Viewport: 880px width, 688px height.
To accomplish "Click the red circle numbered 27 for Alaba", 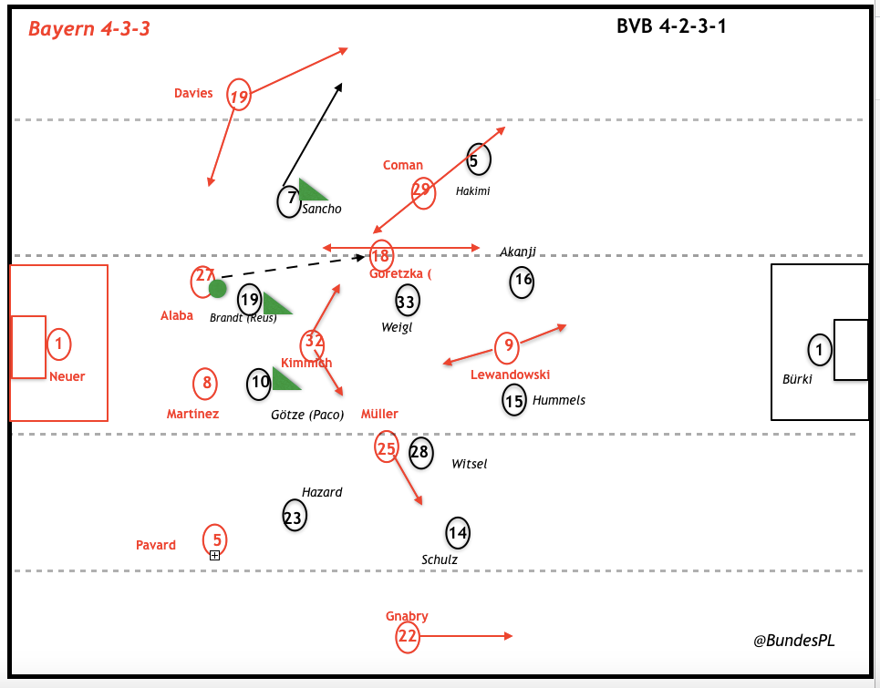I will tap(203, 282).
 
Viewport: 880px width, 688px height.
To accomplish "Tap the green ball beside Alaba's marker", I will tap(218, 289).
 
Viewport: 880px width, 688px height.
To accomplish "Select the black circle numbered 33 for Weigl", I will tap(407, 299).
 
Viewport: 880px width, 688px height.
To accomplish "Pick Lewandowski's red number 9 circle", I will tap(507, 346).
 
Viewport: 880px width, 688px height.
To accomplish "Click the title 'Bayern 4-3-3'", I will tap(89, 29).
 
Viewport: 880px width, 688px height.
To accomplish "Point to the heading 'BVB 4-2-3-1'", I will tap(671, 26).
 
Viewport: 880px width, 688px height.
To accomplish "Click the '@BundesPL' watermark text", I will tap(793, 641).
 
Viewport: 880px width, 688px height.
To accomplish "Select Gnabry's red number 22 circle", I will tap(408, 637).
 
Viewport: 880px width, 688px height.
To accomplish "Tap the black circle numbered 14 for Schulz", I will tap(458, 532).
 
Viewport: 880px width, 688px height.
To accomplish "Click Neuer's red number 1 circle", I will tap(58, 344).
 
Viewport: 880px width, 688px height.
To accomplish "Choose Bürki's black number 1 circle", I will tap(819, 349).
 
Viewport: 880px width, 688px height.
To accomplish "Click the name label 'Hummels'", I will tap(558, 400).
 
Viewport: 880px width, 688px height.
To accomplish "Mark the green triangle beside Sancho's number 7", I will tap(311, 190).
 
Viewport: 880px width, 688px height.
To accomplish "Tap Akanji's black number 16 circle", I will tap(522, 281).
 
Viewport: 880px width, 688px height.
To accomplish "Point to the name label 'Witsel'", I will tap(470, 464).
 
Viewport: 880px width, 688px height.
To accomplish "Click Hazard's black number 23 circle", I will tap(294, 515).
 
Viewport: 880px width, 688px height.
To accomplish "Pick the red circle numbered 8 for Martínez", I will tap(206, 384).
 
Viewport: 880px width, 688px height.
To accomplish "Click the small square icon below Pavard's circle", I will tap(215, 555).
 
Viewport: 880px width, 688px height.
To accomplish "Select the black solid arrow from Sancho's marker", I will tap(313, 135).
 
